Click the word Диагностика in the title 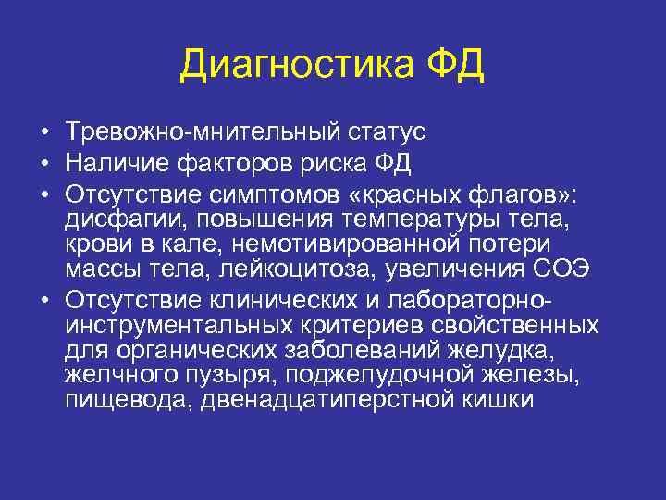(x=293, y=66)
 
